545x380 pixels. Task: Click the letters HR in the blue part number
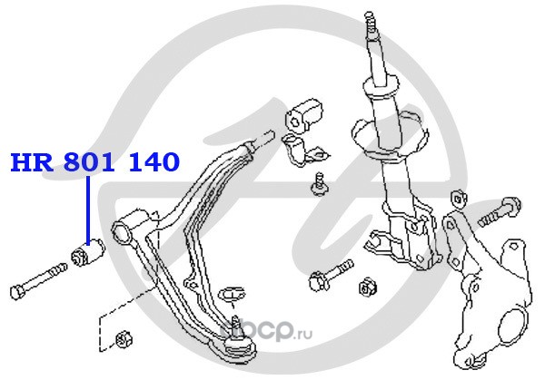(x=32, y=162)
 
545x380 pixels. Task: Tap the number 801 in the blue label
(x=90, y=162)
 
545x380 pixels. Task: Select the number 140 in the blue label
(x=154, y=162)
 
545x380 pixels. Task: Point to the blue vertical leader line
(x=88, y=210)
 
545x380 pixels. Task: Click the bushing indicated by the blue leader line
(x=87, y=253)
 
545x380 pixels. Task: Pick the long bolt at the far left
(x=38, y=281)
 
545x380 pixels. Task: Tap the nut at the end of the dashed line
(x=124, y=339)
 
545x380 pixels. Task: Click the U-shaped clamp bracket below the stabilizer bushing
(x=303, y=151)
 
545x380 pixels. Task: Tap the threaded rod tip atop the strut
(x=371, y=22)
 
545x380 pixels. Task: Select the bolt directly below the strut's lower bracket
(x=331, y=275)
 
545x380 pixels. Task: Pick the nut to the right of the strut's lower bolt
(x=368, y=287)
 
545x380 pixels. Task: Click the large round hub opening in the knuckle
(x=513, y=326)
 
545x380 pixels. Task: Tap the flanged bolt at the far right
(x=500, y=211)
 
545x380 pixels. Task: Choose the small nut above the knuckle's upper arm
(x=459, y=199)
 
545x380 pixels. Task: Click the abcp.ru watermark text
(x=266, y=331)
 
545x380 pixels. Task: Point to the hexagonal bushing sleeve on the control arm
(x=122, y=230)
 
